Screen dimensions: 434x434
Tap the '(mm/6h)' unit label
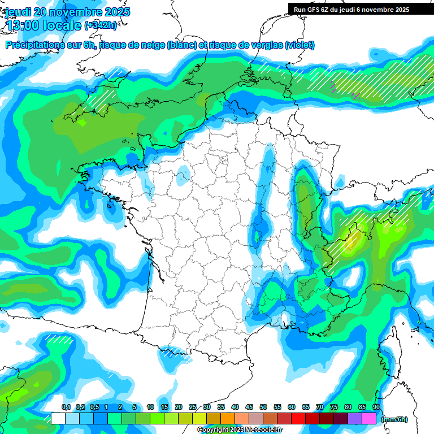click(x=394, y=419)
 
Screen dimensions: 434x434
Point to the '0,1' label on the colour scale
click(x=66, y=407)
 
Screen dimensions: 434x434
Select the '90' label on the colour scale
click(x=376, y=407)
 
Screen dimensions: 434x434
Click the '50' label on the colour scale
click(x=263, y=407)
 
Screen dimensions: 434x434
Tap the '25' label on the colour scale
click(x=193, y=407)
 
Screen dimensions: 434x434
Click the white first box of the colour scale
click(x=58, y=418)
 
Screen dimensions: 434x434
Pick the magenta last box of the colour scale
click(x=369, y=418)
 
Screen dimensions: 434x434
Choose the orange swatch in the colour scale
click(x=228, y=418)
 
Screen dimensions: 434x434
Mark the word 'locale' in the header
click(x=62, y=25)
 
